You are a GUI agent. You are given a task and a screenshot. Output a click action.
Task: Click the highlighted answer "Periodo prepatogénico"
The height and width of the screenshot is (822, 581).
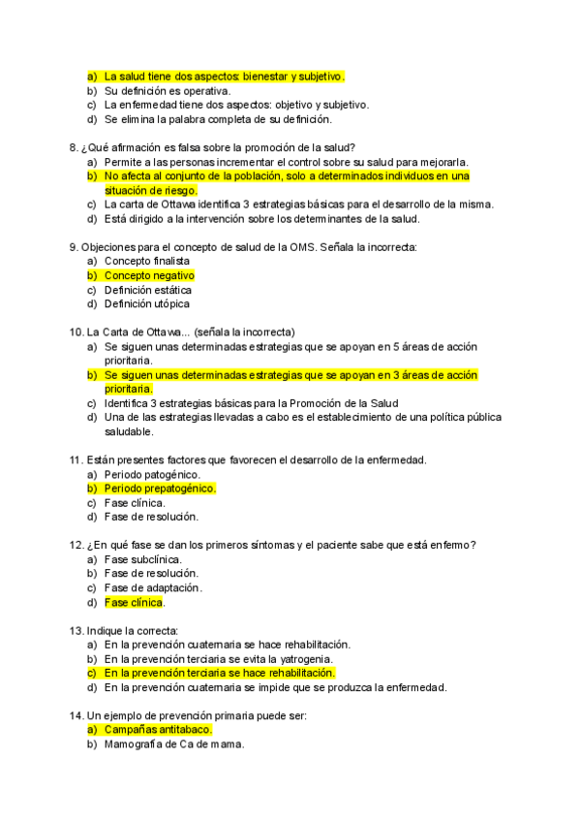[x=160, y=489]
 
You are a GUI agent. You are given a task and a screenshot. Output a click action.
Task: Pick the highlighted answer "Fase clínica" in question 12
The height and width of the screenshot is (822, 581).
[x=134, y=602]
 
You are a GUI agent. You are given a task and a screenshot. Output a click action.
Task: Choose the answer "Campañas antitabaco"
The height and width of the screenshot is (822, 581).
[x=157, y=729]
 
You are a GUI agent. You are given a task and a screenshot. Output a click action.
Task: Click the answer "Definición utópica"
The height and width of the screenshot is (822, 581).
[x=147, y=303]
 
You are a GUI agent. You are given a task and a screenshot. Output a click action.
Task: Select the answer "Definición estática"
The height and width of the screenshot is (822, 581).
[x=148, y=290]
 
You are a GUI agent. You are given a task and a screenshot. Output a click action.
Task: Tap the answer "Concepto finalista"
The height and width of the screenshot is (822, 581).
[x=147, y=262]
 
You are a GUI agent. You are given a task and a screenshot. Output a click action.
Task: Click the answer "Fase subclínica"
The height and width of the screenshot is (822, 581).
[x=143, y=559]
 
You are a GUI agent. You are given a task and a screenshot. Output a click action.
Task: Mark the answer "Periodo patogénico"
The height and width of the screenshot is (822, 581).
[x=152, y=474]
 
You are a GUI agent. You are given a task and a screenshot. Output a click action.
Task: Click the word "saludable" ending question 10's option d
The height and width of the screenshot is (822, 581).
[x=129, y=431]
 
